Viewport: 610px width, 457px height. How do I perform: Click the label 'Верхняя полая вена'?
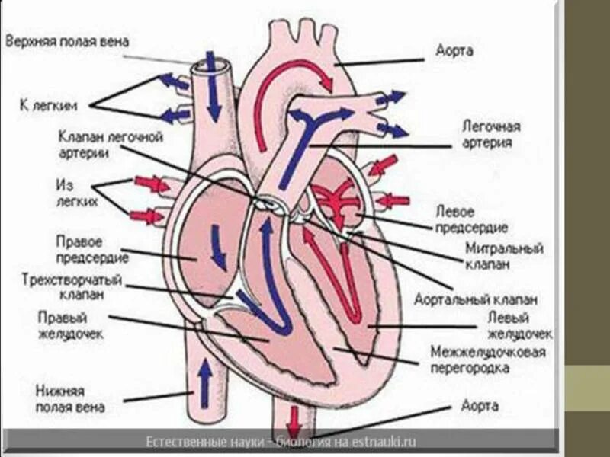click(x=67, y=39)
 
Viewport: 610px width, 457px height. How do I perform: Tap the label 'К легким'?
click(x=47, y=104)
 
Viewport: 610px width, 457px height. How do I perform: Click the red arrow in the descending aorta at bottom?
click(x=294, y=419)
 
